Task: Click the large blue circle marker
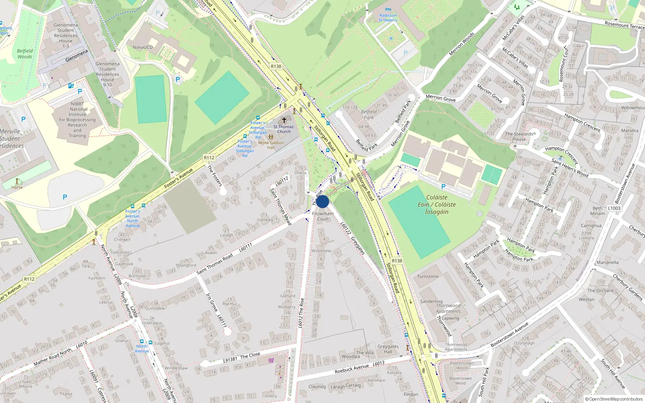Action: [322, 201]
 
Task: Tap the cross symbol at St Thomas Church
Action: [284, 120]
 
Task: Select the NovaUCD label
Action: [143, 47]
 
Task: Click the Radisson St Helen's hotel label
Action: [388, 18]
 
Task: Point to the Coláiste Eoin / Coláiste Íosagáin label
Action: [437, 204]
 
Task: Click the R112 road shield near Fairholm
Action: [29, 279]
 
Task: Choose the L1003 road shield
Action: [614, 208]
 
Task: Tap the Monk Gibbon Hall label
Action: [271, 145]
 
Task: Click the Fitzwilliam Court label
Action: [323, 216]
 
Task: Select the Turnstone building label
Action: [428, 276]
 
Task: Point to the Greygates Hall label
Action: [388, 349]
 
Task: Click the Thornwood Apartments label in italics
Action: [448, 308]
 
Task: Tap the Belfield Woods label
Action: [25, 54]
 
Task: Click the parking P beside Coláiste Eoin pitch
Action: [443, 187]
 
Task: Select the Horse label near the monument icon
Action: [17, 187]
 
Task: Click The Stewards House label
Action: [519, 137]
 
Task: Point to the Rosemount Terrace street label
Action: [624, 25]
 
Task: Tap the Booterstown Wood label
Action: [460, 380]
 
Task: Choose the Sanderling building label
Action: [431, 301]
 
